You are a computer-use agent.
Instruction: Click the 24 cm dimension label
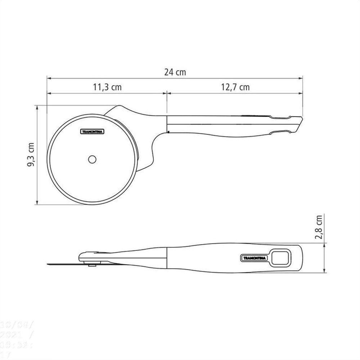175,72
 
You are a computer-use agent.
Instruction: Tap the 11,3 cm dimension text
107,87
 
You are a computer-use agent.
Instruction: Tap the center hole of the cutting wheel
92,159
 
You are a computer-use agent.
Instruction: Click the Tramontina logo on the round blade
92,132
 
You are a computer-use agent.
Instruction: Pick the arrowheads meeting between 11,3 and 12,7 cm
167,93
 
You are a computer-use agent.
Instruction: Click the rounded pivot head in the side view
86,256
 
